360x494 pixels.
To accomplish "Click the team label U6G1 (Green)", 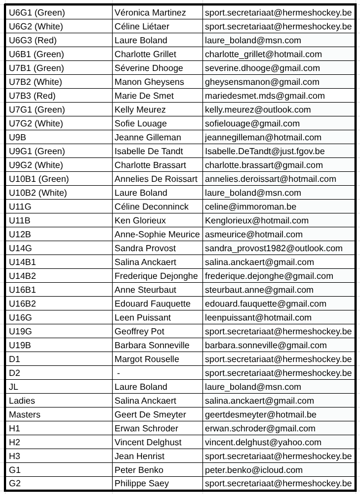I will pyautogui.click(x=37, y=12).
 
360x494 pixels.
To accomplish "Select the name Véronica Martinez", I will pyautogui.click(x=150, y=12).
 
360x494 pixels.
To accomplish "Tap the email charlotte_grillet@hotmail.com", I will pyautogui.click(x=263, y=54).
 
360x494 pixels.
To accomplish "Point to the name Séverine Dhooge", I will pyautogui.click(x=148, y=68).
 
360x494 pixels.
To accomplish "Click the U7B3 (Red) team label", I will pyautogui.click(x=32, y=95).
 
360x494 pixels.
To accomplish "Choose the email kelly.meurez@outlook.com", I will pyautogui.click(x=257, y=109).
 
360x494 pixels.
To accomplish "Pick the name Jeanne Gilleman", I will pyautogui.click(x=148, y=137).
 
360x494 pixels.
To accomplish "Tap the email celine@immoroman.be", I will pyautogui.click(x=250, y=206).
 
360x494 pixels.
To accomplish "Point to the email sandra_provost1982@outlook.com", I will pyautogui.click(x=273, y=248).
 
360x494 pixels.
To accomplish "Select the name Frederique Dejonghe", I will pyautogui.click(x=156, y=276).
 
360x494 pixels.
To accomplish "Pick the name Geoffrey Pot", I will pyautogui.click(x=139, y=331).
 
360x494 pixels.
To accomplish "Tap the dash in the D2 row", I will pyautogui.click(x=119, y=373).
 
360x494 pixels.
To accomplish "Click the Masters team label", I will pyautogui.click(x=24, y=414).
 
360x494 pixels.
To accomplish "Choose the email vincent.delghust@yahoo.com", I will pyautogui.click(x=263, y=442).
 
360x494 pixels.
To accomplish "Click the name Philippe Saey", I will pyautogui.click(x=142, y=483).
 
